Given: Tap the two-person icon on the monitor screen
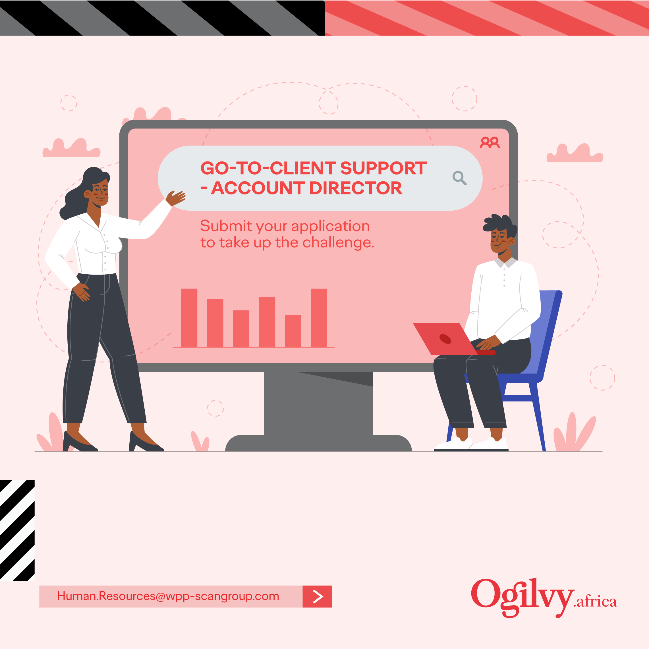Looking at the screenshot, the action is point(490,142).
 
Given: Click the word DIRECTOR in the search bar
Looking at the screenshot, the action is point(356,188).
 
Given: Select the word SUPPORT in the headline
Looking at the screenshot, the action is point(383,168).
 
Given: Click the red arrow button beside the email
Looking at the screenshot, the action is point(318,597).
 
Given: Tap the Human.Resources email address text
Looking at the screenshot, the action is point(168,596).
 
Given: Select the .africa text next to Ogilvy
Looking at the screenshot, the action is point(595,602).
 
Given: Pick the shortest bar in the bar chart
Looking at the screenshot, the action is point(293,331).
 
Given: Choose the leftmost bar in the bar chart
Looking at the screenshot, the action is point(189,318).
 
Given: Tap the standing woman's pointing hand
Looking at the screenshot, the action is point(175,198).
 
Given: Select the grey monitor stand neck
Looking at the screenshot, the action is point(318,403).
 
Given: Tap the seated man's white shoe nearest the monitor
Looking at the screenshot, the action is point(453,444).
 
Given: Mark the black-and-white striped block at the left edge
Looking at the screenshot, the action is point(17,530).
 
